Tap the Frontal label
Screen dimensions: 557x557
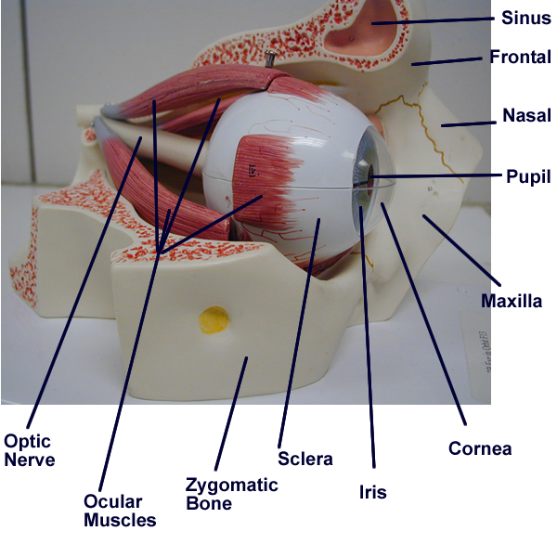521,58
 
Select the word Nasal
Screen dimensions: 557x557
526,116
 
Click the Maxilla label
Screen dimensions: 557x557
511,301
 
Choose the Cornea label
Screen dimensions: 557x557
480,448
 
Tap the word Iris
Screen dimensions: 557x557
372,492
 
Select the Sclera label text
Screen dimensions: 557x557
304,459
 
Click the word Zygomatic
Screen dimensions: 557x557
231,485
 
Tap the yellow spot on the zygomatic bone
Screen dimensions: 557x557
215,320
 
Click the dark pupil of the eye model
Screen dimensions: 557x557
369,173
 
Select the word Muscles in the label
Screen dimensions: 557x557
120,520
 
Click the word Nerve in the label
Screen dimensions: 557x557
30,460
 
